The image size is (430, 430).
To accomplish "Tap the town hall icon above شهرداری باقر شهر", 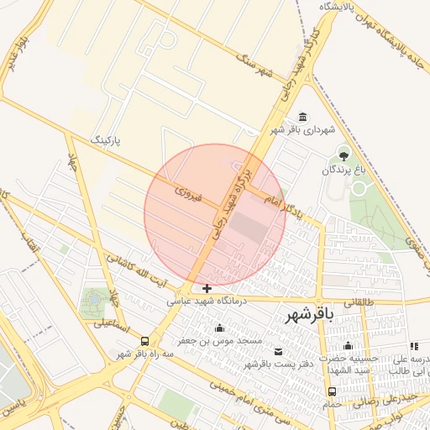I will pos(302,117).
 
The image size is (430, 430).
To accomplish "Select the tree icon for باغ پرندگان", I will pos(343,154).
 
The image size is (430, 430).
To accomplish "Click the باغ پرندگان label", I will pos(343,170).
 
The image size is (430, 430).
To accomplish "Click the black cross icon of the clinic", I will pos(207,288).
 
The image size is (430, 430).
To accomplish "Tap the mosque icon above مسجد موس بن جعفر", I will pos(220,328).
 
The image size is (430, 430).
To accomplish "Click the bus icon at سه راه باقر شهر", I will pos(145,341).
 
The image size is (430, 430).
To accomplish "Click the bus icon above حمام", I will pos(333,391).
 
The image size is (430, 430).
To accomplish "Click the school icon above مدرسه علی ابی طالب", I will pos(413,346).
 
